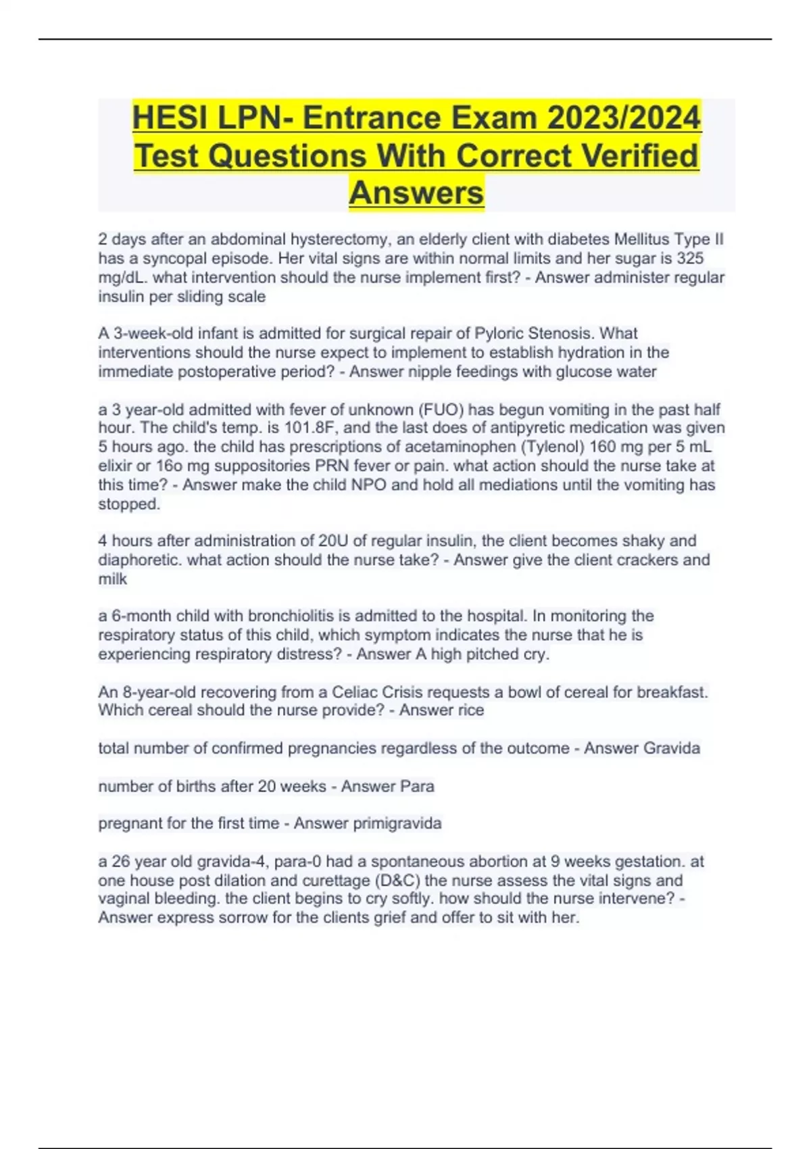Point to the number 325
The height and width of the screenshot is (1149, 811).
690,258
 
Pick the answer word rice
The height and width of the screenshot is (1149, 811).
471,710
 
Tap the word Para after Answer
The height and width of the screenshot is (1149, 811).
417,786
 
